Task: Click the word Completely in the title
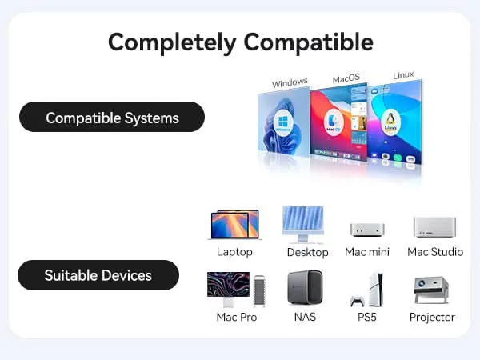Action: [x=172, y=43]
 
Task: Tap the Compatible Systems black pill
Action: [x=112, y=117]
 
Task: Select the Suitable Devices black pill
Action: [x=98, y=275]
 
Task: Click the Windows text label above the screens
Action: [x=290, y=82]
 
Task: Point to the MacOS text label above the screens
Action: [x=346, y=78]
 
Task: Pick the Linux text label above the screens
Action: [x=403, y=75]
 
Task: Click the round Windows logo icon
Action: [x=283, y=123]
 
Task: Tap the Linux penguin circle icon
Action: [x=390, y=121]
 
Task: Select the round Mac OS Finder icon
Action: [x=334, y=122]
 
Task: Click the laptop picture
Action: [x=234, y=225]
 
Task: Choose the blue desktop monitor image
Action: [x=302, y=224]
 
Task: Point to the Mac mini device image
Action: [x=367, y=230]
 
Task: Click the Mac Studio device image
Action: [x=434, y=227]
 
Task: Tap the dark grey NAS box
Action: [x=305, y=287]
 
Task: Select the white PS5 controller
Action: [x=358, y=301]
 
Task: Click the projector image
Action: [x=431, y=290]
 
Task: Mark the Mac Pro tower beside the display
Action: [x=259, y=290]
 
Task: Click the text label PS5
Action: [x=366, y=317]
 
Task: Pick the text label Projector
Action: [x=432, y=317]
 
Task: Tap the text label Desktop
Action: [x=308, y=252]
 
